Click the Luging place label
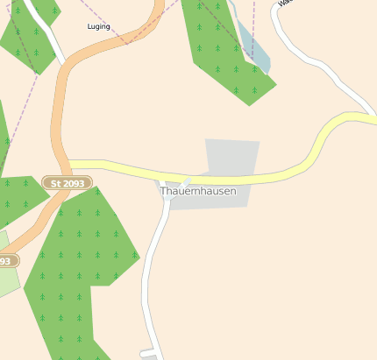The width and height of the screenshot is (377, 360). pyautogui.click(x=99, y=27)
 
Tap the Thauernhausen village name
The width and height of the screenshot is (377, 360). pyautogui.click(x=198, y=190)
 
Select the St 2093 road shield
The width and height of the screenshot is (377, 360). pyautogui.click(x=67, y=183)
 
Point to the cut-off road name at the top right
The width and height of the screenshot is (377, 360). pyautogui.click(x=282, y=3)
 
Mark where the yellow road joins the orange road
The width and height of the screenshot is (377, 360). pyautogui.click(x=68, y=165)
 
